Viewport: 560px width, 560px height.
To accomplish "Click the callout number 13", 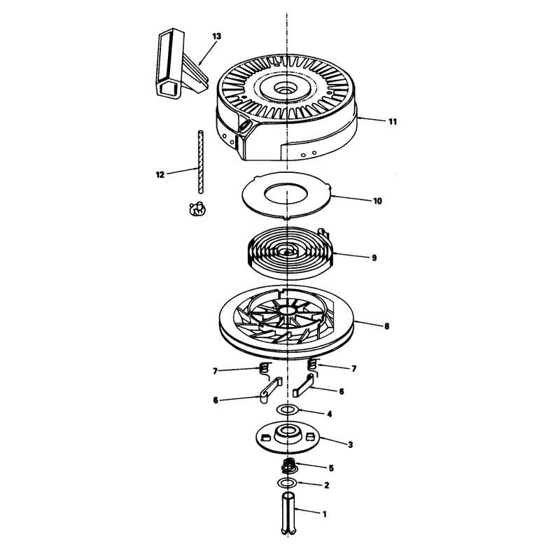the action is [x=216, y=36].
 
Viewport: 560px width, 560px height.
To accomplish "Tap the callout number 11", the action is [x=393, y=122].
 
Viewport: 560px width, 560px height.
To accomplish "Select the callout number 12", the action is [x=160, y=175].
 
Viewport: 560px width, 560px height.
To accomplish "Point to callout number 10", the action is [x=377, y=201].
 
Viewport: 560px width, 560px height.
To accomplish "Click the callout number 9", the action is [x=374, y=258].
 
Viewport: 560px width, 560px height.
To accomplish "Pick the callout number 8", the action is [x=386, y=326].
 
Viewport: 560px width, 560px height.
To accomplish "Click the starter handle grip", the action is [x=181, y=64].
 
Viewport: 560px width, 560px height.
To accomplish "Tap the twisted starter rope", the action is [x=201, y=162].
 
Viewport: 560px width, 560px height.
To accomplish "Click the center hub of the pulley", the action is [x=286, y=310].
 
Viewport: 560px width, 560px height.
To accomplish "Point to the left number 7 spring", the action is [x=264, y=369].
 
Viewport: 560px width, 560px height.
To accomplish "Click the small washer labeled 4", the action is [x=288, y=409].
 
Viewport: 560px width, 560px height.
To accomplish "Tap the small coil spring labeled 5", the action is [x=289, y=465].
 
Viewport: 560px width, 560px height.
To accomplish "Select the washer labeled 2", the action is [x=288, y=483].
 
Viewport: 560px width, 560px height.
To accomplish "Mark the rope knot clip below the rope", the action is [x=197, y=209].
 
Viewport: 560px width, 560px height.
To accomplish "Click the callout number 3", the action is [x=350, y=444].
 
